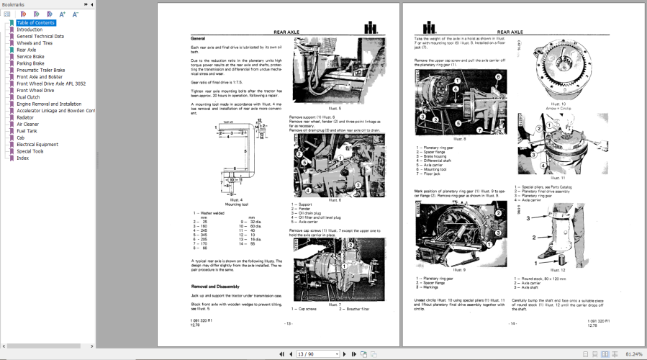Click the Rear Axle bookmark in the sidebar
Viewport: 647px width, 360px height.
27,50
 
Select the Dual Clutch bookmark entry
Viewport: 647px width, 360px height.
29,97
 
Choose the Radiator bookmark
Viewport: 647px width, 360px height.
25,117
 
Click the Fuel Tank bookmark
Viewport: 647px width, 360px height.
27,131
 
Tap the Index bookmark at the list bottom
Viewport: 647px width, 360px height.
23,158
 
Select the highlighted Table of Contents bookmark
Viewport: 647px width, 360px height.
35,23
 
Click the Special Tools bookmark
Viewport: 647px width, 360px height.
30,151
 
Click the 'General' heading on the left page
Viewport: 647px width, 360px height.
198,38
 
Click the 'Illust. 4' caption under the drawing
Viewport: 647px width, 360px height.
236,199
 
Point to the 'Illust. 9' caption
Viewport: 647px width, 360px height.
460,269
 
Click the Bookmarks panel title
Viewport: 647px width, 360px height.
13,4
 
